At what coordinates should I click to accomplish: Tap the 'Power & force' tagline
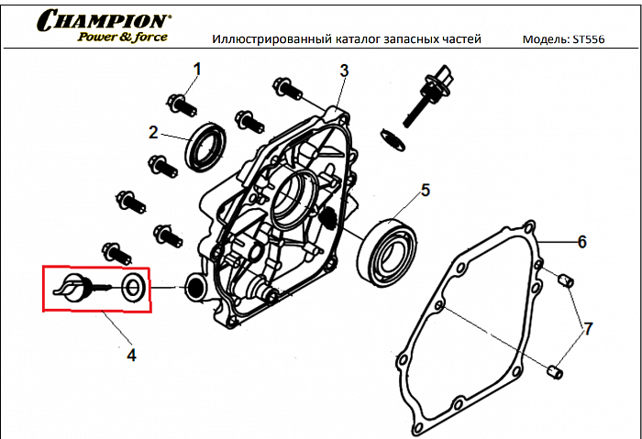122,38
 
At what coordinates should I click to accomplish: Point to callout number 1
196,69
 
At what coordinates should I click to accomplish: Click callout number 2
154,132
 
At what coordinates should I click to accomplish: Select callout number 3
344,71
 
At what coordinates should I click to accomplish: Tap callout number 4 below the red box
131,355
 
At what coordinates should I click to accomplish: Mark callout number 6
581,242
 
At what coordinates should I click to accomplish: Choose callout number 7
588,327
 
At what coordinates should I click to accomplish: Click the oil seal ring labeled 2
207,147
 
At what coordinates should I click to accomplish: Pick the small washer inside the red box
132,287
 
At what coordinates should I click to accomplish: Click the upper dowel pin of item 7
566,279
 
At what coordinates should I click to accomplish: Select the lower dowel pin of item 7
554,370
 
